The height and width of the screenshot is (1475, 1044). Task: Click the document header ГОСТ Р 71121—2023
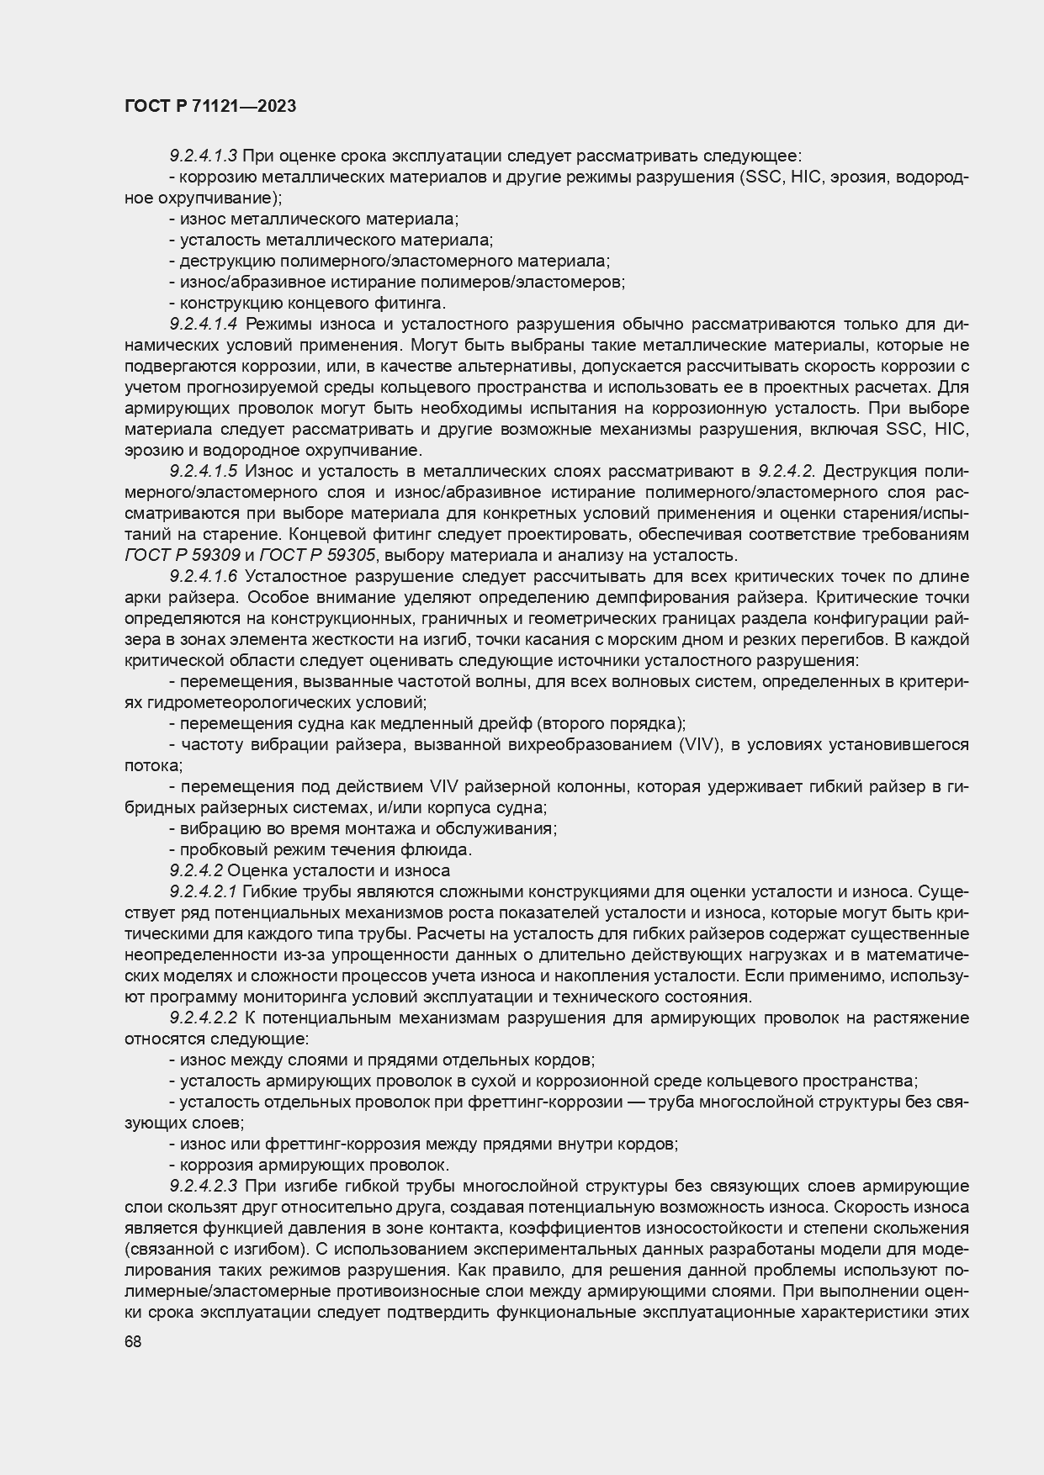click(x=209, y=107)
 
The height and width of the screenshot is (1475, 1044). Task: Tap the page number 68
click(x=133, y=1342)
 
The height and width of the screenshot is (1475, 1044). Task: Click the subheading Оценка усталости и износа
click(x=339, y=871)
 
